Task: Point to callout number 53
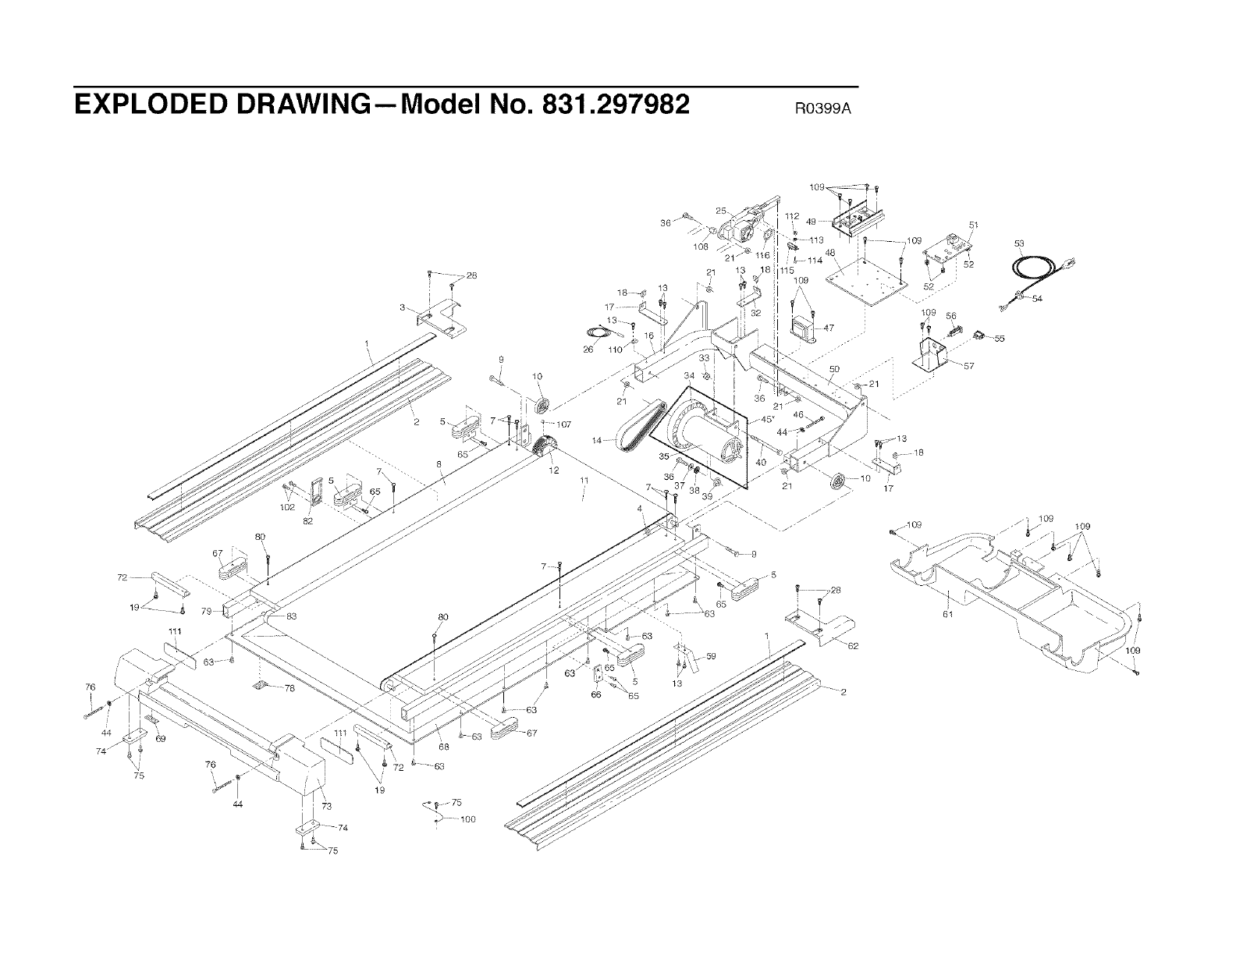(x=1019, y=243)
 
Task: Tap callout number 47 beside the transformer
(x=828, y=328)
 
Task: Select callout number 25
(x=720, y=211)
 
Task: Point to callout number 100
(x=468, y=819)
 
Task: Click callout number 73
(x=325, y=805)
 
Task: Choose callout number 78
(x=289, y=688)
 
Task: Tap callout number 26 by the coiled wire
(x=588, y=350)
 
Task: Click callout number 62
(x=852, y=645)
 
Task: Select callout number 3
(x=401, y=307)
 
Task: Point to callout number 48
(x=829, y=253)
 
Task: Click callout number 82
(x=307, y=521)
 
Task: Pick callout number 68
(x=442, y=747)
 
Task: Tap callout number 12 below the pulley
(x=554, y=470)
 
